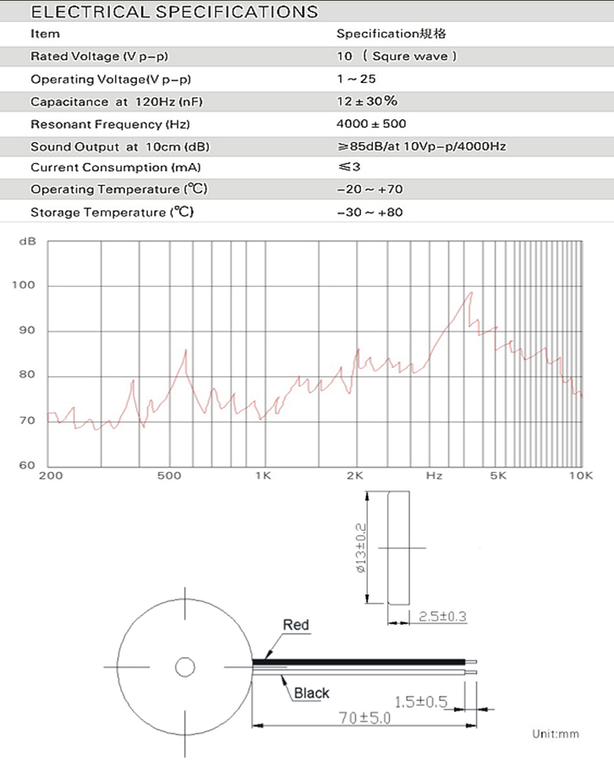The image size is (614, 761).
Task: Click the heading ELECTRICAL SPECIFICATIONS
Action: pos(174,12)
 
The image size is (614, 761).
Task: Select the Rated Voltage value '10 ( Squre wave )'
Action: pos(397,57)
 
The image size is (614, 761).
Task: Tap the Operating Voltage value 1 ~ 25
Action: pos(356,79)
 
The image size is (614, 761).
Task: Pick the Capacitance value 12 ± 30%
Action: pos(367,101)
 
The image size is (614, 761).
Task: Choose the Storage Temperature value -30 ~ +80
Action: pos(370,211)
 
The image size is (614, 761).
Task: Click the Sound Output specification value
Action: pos(421,145)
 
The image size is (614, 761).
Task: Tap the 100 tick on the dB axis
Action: pos(24,286)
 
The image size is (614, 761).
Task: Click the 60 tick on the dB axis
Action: pos(27,465)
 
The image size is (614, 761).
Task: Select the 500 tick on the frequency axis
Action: pos(170,476)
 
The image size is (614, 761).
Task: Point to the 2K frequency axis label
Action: pos(354,476)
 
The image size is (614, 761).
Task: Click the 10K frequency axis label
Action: pos(580,476)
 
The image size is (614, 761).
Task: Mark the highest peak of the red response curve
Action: pos(470,293)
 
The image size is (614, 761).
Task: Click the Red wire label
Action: pos(296,626)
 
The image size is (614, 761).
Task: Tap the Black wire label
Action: pos(311,693)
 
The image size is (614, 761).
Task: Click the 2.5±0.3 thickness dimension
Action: pos(442,616)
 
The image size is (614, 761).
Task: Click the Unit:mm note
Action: pos(556,733)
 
